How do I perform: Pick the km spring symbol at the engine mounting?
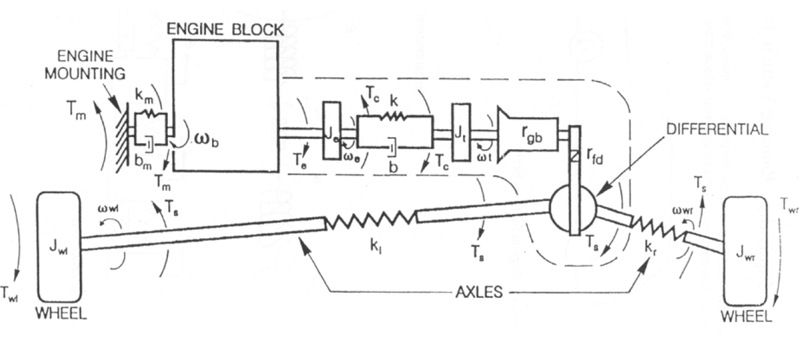(148, 113)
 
